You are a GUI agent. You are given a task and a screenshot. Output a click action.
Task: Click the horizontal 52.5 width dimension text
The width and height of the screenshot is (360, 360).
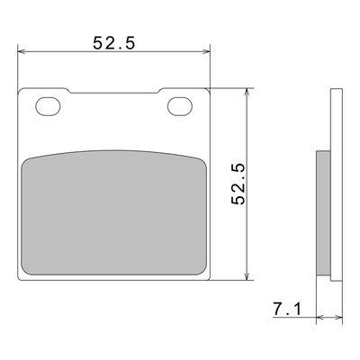coord(114,43)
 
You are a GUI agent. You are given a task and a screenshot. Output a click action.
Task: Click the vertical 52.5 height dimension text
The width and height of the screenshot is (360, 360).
coord(238,184)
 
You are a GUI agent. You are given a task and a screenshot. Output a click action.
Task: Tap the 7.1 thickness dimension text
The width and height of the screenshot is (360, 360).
coord(286,310)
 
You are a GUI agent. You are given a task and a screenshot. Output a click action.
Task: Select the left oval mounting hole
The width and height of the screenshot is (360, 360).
coord(48,106)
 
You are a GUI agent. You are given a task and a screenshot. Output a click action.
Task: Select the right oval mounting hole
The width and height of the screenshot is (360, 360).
coord(180,106)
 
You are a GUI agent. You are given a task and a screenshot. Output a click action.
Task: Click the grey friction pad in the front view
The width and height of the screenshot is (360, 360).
coord(114,212)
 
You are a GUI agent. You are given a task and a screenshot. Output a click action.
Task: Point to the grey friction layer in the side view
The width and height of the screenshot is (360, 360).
coord(323,213)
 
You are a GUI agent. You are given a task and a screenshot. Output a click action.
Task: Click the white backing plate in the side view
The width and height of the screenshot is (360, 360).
coord(337,184)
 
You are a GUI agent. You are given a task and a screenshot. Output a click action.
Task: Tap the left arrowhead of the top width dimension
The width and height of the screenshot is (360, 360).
coord(22,51)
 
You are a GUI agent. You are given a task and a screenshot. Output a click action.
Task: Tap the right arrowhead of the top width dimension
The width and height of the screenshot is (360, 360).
coord(207,51)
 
